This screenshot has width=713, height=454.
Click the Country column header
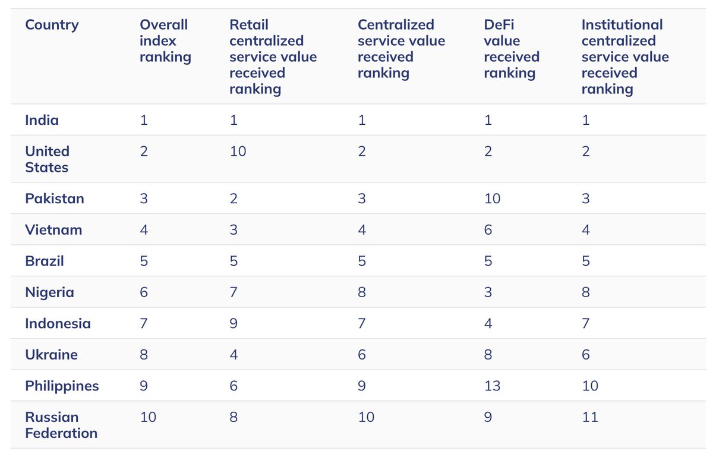(52, 25)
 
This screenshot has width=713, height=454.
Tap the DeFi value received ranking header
(511, 49)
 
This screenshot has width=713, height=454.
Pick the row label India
(42, 120)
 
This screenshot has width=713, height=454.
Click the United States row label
(47, 159)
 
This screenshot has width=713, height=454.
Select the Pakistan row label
(54, 198)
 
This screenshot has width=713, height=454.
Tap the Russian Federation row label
(61, 425)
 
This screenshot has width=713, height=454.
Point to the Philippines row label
(62, 386)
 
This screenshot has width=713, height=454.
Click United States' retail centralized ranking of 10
(238, 152)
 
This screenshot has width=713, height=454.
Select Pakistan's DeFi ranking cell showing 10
(492, 198)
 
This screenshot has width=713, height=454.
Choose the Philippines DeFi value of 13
(492, 386)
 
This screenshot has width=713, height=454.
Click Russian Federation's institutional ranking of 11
(589, 417)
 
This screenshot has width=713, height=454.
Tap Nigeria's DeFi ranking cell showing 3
(488, 292)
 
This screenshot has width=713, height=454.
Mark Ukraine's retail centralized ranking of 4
(234, 355)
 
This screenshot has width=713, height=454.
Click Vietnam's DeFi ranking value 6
(488, 230)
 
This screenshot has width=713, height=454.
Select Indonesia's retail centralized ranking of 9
(234, 324)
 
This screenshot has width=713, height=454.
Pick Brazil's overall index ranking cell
(144, 261)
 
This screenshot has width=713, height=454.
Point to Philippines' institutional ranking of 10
(589, 386)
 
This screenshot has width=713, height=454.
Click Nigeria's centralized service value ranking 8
(362, 292)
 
